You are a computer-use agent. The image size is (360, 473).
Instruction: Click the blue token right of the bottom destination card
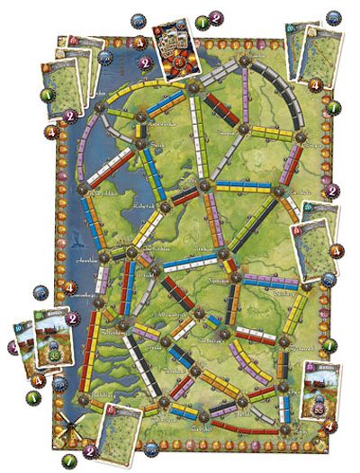pyautogui.click(x=161, y=441)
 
